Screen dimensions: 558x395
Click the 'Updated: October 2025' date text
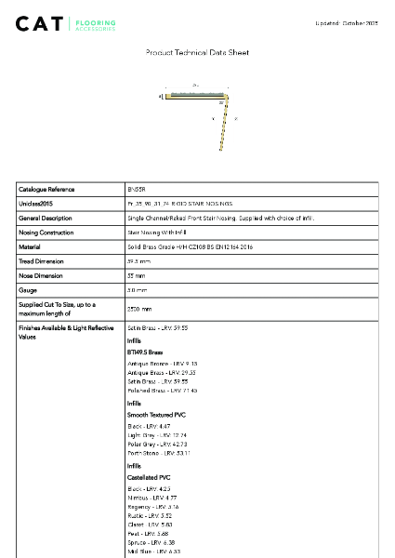[x=347, y=21]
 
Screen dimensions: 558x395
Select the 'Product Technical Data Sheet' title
[x=197, y=53]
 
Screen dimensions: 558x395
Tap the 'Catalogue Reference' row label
[x=46, y=189]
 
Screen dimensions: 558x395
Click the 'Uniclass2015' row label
[x=36, y=204]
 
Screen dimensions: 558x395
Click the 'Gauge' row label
[x=28, y=291]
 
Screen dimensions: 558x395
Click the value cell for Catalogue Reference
[x=137, y=189]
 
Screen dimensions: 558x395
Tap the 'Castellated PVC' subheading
[x=148, y=477]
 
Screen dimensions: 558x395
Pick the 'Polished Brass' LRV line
[x=156, y=391]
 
